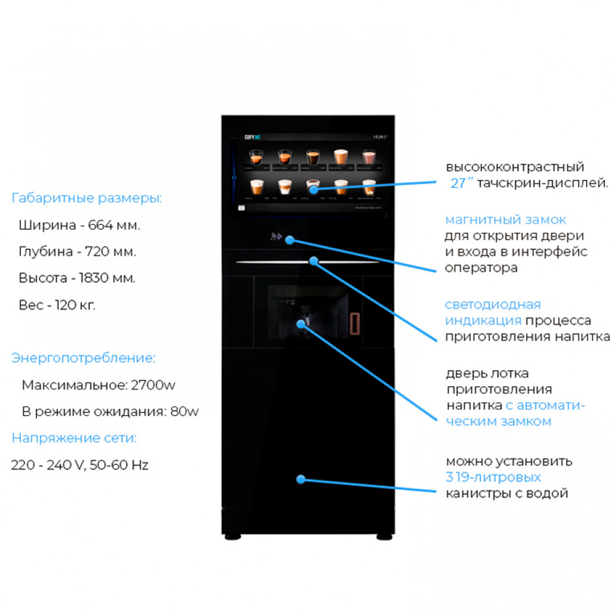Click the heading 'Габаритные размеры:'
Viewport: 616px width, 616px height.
[x=87, y=198]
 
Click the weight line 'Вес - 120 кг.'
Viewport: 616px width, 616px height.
[x=57, y=305]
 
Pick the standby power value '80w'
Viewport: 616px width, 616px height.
[x=185, y=411]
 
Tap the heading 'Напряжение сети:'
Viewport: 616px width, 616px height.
[x=74, y=439]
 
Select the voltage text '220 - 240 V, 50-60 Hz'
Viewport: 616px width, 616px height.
[x=79, y=465]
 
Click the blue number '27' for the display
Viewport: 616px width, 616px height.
[x=458, y=183]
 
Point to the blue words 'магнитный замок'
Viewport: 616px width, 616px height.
[x=505, y=220]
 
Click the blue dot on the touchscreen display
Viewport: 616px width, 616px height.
[x=313, y=189]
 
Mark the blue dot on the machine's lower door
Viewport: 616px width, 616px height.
[x=301, y=479]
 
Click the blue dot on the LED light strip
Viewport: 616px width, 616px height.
[x=313, y=261]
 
